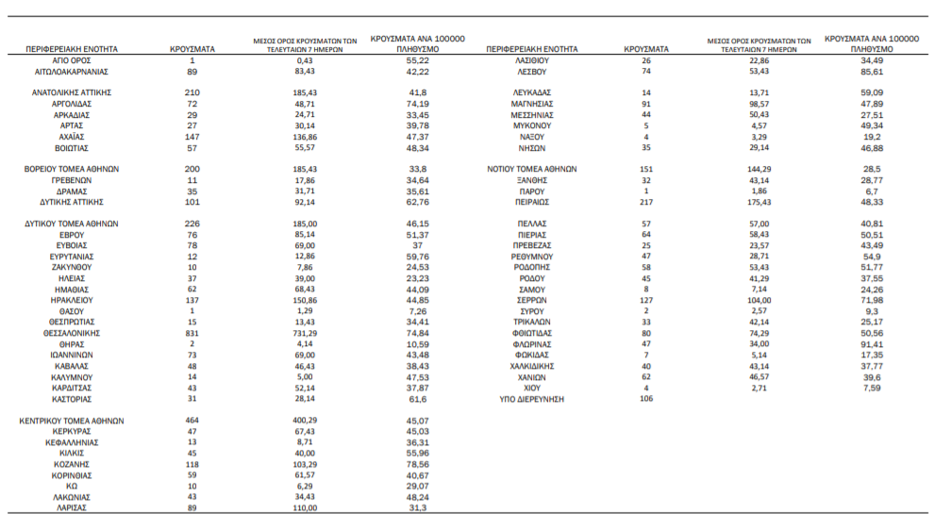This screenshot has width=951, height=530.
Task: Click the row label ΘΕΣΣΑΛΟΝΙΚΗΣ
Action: coord(72,333)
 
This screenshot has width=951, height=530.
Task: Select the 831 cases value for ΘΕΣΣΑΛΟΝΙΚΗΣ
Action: coord(192,333)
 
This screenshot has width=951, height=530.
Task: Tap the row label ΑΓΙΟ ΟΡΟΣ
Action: coord(72,59)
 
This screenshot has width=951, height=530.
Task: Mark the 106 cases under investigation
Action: coord(646,399)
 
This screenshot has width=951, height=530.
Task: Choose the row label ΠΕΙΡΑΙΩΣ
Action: coord(533,202)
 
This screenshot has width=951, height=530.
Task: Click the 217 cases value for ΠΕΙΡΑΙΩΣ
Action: coord(646,202)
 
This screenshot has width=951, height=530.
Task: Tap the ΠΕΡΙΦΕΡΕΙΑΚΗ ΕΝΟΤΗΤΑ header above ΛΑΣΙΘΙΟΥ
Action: coord(532,48)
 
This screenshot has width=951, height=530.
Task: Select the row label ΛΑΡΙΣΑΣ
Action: coord(72,507)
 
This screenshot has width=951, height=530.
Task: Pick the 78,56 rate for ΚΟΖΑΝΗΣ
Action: coord(417,464)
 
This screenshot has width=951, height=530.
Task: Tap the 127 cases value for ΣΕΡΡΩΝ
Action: coord(646,300)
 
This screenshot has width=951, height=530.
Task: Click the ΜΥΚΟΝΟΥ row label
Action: coord(533,125)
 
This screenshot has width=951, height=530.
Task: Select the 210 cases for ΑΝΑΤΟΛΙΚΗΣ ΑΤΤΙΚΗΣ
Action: coord(192,92)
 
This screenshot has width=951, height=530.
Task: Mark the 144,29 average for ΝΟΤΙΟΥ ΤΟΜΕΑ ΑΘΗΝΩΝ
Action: coord(759,169)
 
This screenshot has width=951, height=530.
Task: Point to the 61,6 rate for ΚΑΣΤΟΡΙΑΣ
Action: coord(417,399)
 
